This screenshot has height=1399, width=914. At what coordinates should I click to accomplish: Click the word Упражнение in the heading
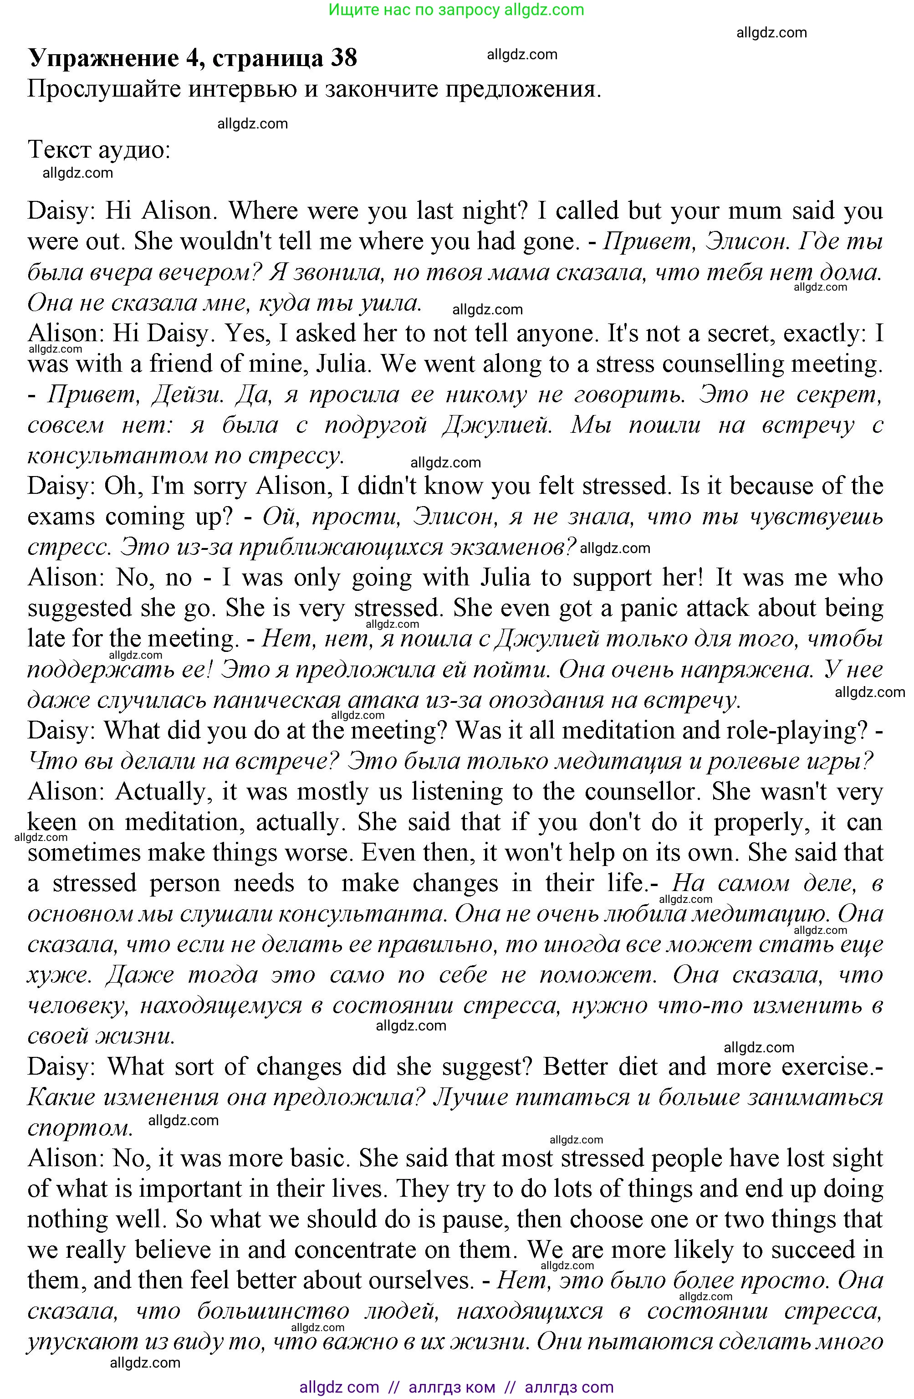103,58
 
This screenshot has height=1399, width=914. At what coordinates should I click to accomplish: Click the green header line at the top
456,10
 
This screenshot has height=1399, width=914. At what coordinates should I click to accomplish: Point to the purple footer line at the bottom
456,1387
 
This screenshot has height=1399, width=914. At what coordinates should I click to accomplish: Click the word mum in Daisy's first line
754,211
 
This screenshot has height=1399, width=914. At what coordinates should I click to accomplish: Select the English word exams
61,517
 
